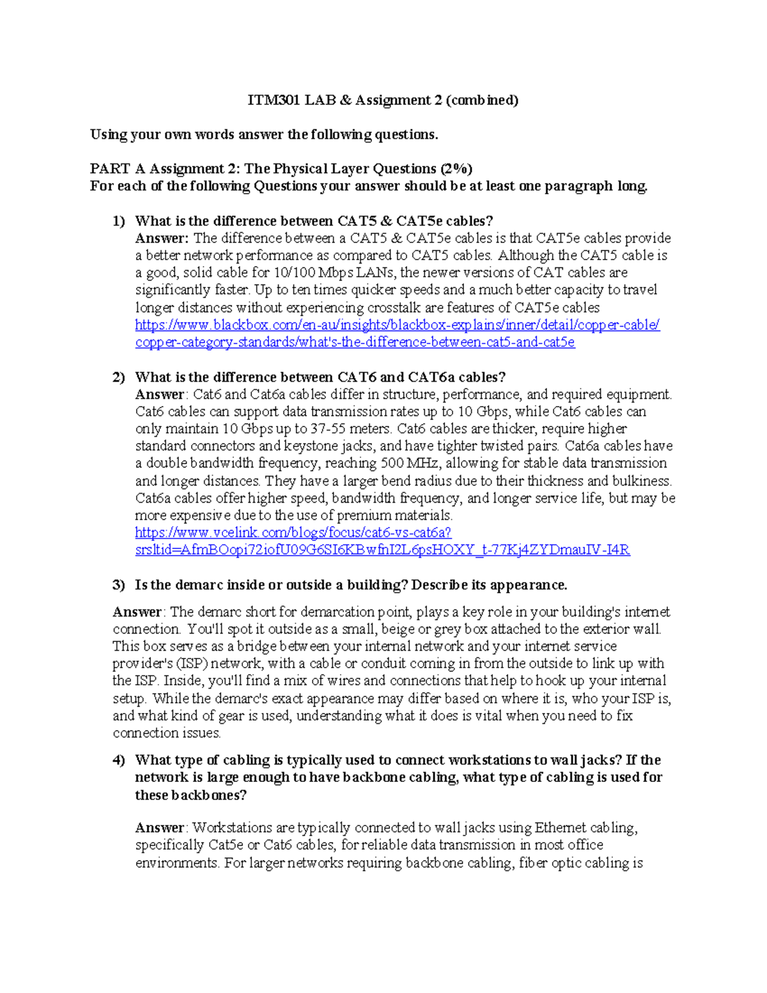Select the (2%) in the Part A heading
[456, 169]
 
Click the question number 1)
[119, 221]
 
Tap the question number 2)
[119, 377]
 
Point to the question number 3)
[119, 585]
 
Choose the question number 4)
[119, 760]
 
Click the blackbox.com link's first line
[397, 325]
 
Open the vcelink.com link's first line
[293, 533]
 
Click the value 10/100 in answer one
[293, 273]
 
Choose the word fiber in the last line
[532, 863]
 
